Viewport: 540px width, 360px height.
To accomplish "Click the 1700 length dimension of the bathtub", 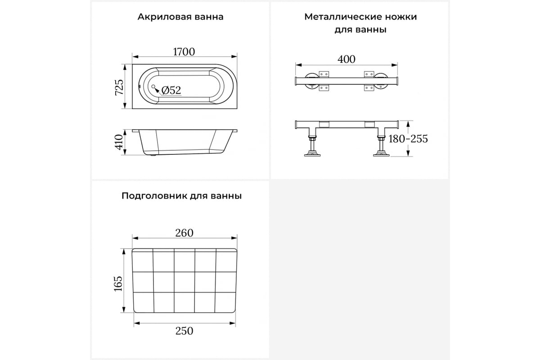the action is pyautogui.click(x=184, y=52).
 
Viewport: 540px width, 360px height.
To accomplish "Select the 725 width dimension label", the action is pyautogui.click(x=119, y=87).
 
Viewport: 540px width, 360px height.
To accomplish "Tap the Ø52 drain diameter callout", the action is pyautogui.click(x=171, y=90).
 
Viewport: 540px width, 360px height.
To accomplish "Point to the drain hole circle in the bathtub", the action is pyautogui.click(x=153, y=86).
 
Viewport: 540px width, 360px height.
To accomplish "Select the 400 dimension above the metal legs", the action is pyautogui.click(x=346, y=59).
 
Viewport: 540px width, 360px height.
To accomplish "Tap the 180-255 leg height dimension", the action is pyautogui.click(x=408, y=139).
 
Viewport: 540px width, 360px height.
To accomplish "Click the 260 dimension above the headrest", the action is pyautogui.click(x=184, y=233).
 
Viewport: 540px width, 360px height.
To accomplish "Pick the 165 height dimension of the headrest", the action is pyautogui.click(x=118, y=284).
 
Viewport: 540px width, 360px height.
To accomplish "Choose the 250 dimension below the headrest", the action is pyautogui.click(x=184, y=331).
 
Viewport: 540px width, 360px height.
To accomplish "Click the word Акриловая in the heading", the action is pyautogui.click(x=164, y=17).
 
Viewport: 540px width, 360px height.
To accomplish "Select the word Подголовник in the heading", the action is pyautogui.click(x=154, y=196).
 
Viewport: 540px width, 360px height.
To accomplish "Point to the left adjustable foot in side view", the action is pyautogui.click(x=313, y=146).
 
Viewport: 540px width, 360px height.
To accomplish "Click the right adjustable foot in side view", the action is pyautogui.click(x=382, y=146).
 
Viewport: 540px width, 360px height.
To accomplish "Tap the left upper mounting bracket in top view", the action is pyautogui.click(x=324, y=74).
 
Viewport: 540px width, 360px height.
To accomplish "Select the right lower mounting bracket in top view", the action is pyautogui.click(x=369, y=88).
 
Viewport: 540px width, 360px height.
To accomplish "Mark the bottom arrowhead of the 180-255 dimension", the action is pyautogui.click(x=408, y=153).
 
